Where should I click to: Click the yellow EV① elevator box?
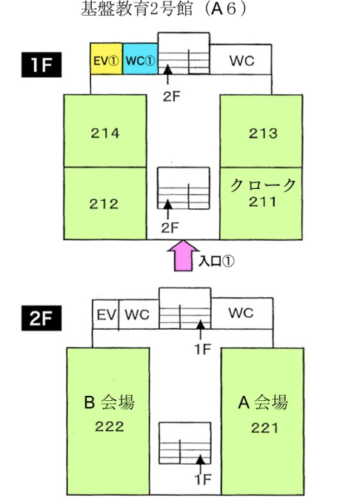tap(107, 59)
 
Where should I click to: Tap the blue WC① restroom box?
tap(140, 59)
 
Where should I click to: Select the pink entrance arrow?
tap(183, 256)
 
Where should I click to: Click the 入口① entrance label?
tap(216, 261)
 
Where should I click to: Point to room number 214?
tap(105, 133)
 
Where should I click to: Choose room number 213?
tap(263, 133)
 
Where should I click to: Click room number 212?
tap(104, 204)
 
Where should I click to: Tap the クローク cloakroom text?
tap(263, 185)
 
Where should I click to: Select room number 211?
tap(262, 202)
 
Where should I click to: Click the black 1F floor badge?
tap(41, 65)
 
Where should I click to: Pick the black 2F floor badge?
tap(41, 318)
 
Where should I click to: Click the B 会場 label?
tap(109, 402)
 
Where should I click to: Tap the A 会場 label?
tap(263, 402)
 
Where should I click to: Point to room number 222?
tap(109, 426)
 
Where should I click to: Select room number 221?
tap(264, 428)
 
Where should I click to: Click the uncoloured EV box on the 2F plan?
tap(106, 314)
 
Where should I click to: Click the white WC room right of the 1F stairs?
tap(241, 59)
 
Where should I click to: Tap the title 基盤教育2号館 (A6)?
tap(164, 9)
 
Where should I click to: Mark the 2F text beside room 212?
tap(170, 228)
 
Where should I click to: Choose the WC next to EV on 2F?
tap(139, 314)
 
